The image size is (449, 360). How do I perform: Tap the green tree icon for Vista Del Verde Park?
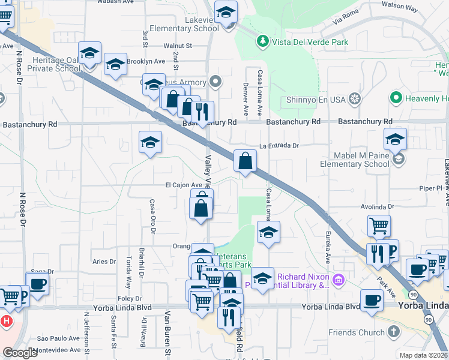click(262, 41)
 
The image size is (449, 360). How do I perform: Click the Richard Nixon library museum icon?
click(339, 280)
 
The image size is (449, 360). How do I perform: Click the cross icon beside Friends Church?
click(393, 332)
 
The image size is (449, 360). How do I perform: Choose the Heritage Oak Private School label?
click(41, 64)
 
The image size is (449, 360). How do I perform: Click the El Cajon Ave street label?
click(184, 185)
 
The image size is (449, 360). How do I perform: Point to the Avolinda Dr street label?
click(376, 207)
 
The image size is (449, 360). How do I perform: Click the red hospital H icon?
click(6, 321)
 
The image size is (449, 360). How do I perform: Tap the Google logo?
click(20, 353)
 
